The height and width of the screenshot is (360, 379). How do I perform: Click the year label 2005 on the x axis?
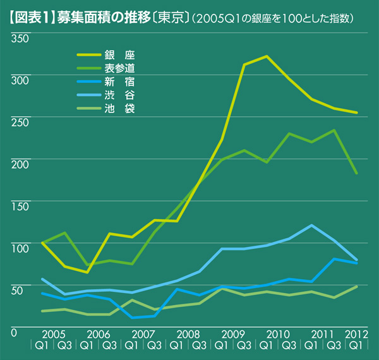[54, 333]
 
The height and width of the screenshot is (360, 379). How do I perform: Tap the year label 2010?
[279, 333]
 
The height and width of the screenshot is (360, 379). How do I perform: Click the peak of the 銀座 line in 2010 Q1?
[267, 56]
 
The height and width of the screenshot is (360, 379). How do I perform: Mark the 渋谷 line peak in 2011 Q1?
[311, 225]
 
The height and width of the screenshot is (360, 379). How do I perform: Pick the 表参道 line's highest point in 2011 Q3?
[334, 130]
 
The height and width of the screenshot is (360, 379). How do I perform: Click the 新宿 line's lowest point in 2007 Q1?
[133, 318]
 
